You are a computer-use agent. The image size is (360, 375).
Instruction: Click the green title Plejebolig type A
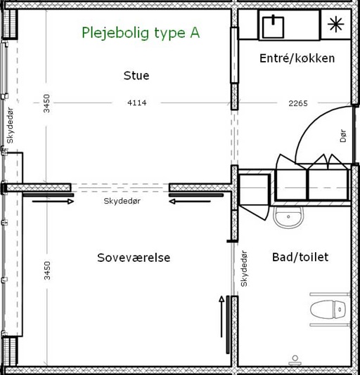[x=141, y=33]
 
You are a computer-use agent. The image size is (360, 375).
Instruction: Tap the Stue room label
[x=136, y=76]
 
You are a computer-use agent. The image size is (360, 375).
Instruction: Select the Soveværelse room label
[x=134, y=258]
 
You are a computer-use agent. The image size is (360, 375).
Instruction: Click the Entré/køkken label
[x=297, y=58]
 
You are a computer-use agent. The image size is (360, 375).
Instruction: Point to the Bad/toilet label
[x=300, y=257]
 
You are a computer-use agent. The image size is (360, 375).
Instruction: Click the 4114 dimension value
[x=137, y=103]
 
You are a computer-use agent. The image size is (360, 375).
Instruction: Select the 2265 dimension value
[x=298, y=103]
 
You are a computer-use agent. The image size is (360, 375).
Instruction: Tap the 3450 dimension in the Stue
[x=46, y=103]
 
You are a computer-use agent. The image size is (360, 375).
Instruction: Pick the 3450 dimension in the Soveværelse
[x=47, y=270]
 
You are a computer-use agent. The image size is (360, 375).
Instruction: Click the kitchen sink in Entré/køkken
[x=273, y=27]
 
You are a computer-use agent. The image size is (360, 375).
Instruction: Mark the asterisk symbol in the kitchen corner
[x=336, y=24]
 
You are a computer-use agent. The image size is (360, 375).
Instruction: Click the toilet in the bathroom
[x=328, y=310]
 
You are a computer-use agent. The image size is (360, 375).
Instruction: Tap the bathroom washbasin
[x=288, y=217]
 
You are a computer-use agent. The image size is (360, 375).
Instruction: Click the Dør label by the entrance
[x=343, y=136]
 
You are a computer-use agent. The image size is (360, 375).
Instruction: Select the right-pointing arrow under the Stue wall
[x=53, y=202]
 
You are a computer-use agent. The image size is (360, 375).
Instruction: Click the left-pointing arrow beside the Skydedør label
[x=190, y=202]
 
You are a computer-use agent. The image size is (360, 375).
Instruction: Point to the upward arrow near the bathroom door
[x=221, y=317]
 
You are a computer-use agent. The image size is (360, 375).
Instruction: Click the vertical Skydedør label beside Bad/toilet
[x=244, y=268]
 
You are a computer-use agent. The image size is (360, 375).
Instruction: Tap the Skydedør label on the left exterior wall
[x=10, y=125]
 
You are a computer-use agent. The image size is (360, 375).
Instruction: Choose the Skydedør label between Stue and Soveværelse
[x=122, y=201]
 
